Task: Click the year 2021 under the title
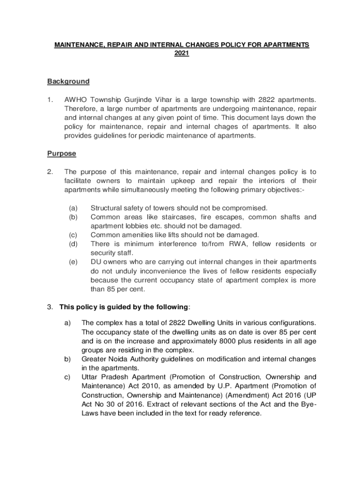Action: (181, 54)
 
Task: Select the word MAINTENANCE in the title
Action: (77, 45)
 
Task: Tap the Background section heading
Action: (68, 81)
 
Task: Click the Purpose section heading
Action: (62, 153)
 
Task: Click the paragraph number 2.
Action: (50, 172)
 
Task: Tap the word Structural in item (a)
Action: (106, 208)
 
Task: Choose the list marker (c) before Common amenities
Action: (73, 235)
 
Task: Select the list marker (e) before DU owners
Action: (73, 262)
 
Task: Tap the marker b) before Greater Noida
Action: (67, 359)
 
